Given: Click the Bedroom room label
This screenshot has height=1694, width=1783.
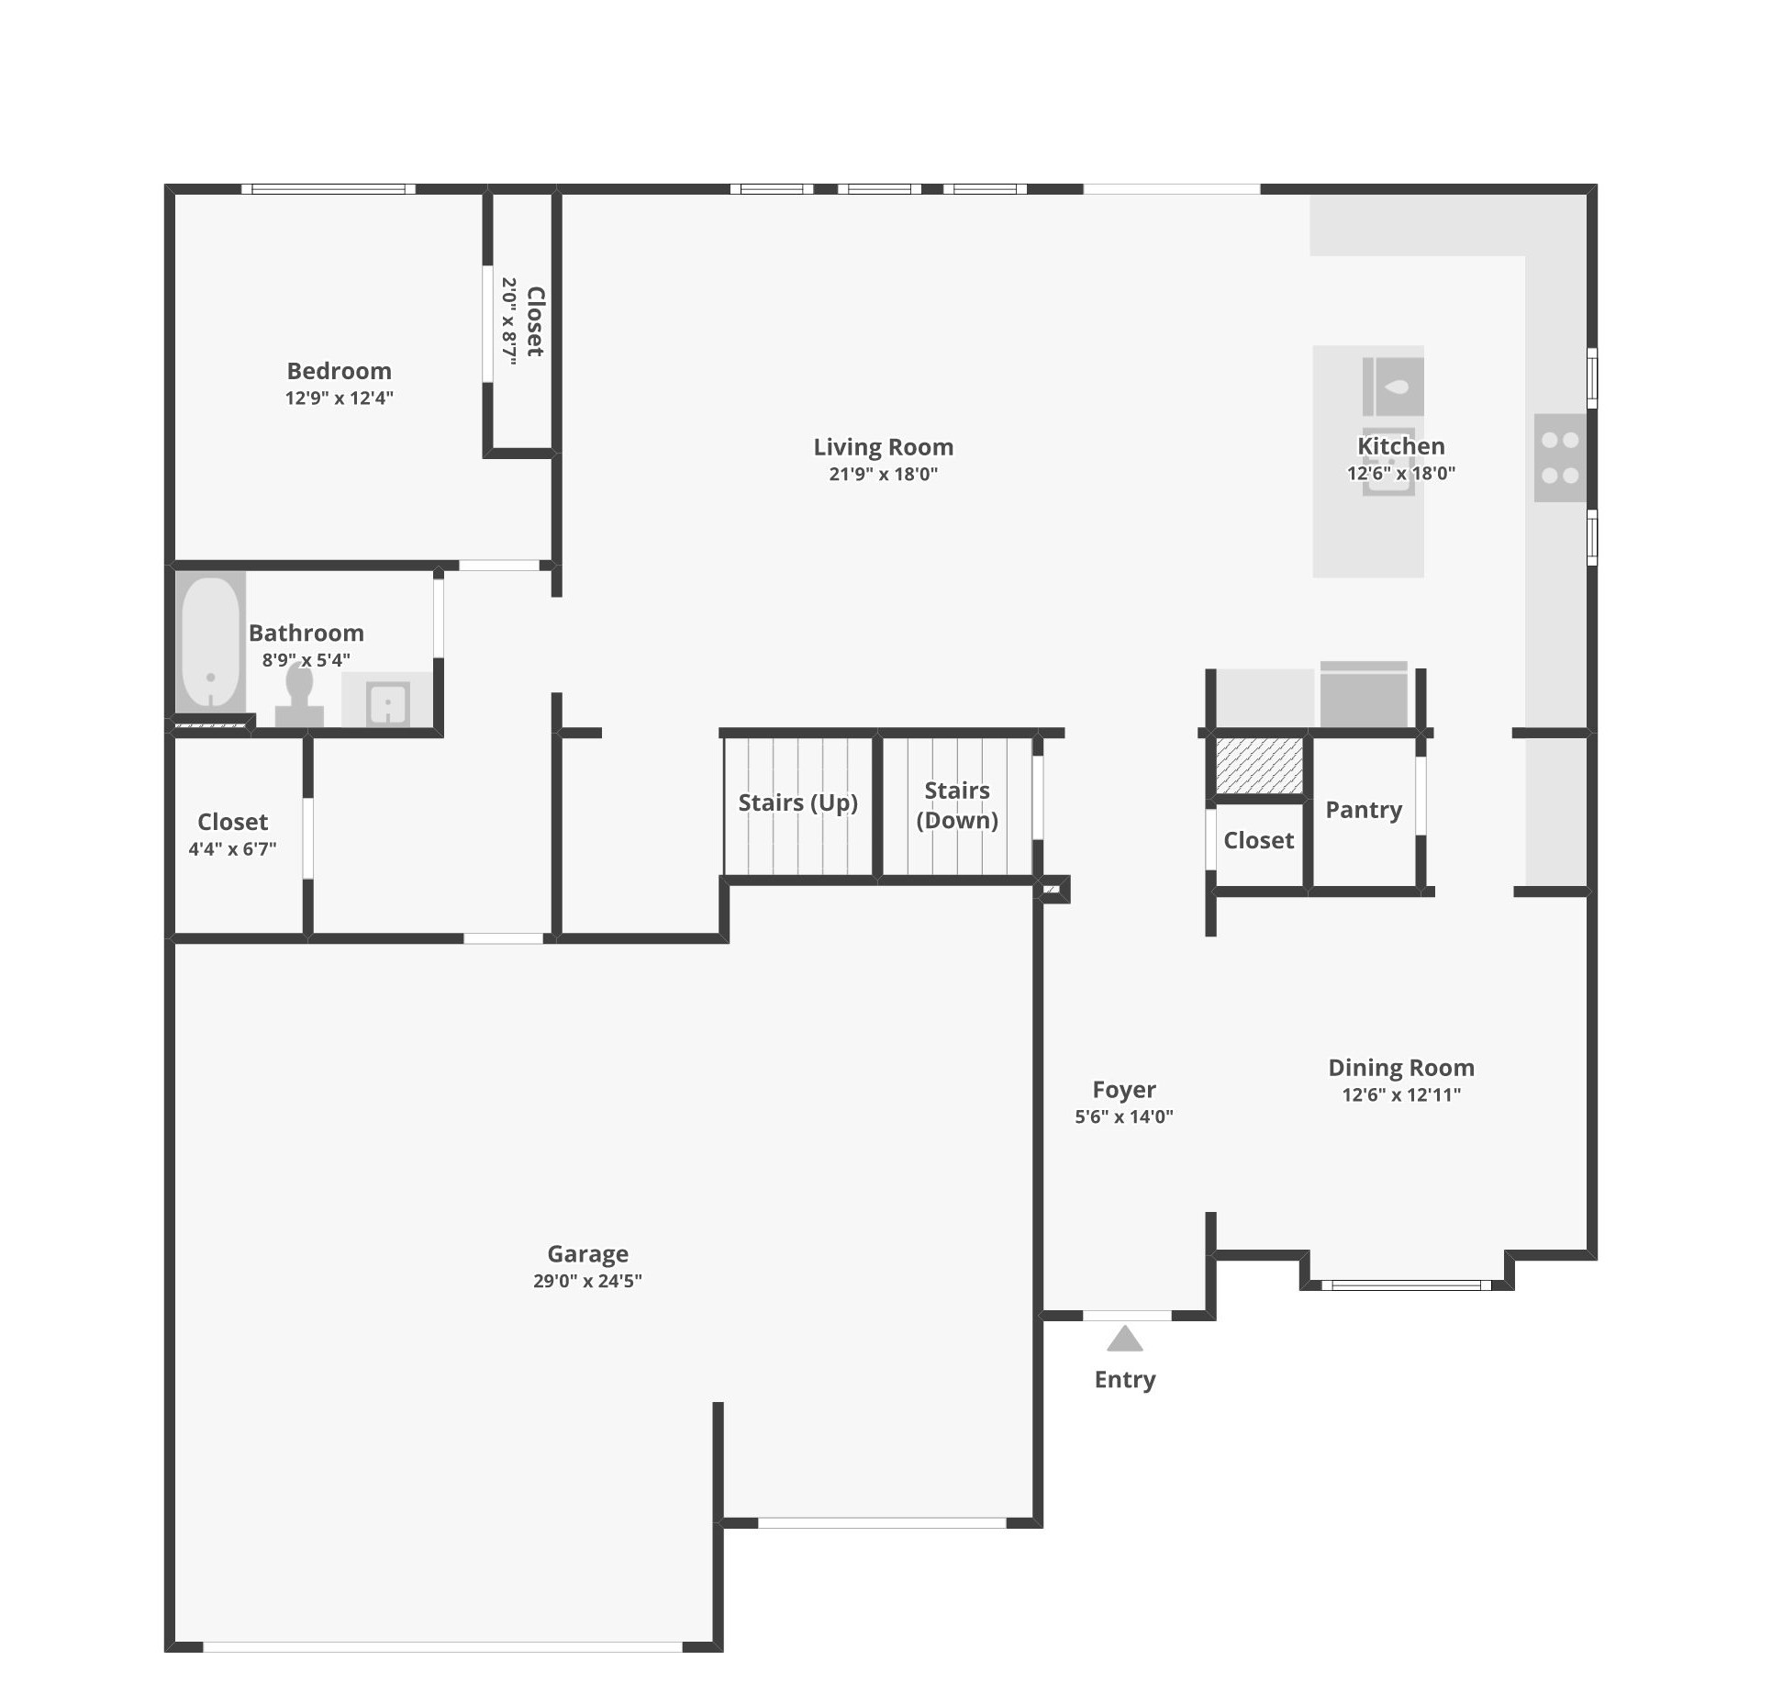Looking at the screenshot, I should pos(339,371).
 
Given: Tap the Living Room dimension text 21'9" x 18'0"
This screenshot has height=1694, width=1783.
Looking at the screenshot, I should pos(883,475).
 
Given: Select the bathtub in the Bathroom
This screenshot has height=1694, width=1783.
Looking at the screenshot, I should pos(210,642).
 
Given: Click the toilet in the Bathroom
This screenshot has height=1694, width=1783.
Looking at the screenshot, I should pos(299,698).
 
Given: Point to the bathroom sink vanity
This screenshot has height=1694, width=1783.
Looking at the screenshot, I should pos(387,701).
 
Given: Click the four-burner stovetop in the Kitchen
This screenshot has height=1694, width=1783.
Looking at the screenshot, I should pos(1560,457).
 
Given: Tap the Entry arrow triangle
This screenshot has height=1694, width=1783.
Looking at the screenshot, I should pos(1124,1339).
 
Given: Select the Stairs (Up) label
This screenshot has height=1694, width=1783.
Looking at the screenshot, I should pos(797,802).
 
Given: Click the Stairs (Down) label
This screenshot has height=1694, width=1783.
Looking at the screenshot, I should pos(957,805).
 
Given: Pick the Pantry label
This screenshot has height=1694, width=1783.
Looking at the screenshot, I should pos(1364,810).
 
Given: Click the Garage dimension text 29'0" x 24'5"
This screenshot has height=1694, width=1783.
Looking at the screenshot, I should pos(587,1281).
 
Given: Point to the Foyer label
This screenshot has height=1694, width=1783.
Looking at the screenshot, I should pos(1124,1090).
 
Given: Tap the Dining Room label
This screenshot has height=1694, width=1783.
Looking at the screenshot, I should pos(1401,1068).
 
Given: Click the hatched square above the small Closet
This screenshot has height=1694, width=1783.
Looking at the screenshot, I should pos(1259,766).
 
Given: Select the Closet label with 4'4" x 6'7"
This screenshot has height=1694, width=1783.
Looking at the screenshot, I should pos(232,822).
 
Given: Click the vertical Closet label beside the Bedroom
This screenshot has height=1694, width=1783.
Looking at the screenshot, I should pos(536,321).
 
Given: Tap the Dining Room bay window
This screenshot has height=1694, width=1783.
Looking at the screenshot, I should pos(1406,1285).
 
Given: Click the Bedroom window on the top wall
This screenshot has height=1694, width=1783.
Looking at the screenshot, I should pos(329,189).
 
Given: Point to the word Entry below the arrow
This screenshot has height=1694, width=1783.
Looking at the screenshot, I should pos(1124,1380).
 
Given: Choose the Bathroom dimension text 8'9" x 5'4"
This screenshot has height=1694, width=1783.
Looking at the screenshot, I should pos(306,660).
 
